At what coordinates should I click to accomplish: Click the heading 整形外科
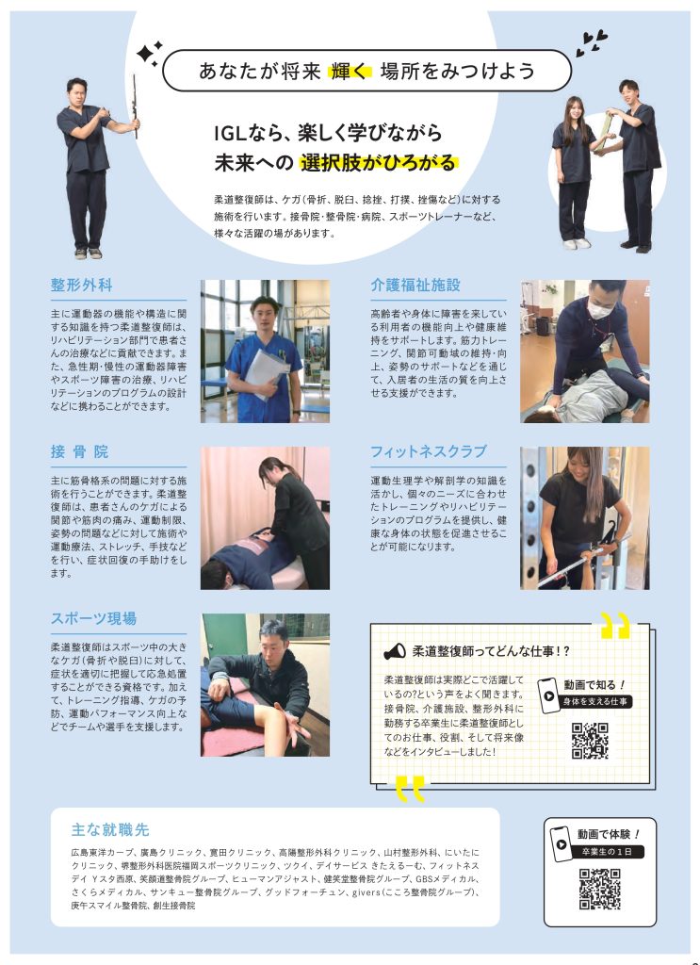click(x=81, y=285)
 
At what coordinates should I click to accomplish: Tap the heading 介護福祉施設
click(x=415, y=285)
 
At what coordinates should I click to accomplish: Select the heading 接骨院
click(x=79, y=451)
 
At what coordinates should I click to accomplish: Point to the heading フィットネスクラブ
click(x=428, y=451)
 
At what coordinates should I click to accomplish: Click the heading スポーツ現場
click(x=93, y=618)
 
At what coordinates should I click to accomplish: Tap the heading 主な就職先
click(x=110, y=829)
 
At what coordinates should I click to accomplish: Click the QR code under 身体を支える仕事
click(x=590, y=741)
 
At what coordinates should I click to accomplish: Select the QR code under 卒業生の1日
click(x=599, y=889)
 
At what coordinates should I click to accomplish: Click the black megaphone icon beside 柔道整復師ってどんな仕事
click(x=395, y=651)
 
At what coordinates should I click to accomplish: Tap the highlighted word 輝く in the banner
click(x=350, y=72)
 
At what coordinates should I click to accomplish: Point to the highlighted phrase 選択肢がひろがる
click(x=379, y=162)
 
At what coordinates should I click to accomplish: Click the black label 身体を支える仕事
click(x=594, y=701)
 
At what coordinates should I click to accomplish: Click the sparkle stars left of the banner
click(x=149, y=54)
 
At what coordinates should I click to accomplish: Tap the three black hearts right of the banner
click(x=591, y=43)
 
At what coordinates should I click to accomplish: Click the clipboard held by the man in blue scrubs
click(x=266, y=371)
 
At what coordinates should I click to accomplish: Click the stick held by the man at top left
click(x=135, y=106)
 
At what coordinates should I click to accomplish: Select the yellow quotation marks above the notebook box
click(x=616, y=626)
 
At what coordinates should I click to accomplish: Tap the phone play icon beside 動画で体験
click(x=561, y=843)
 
